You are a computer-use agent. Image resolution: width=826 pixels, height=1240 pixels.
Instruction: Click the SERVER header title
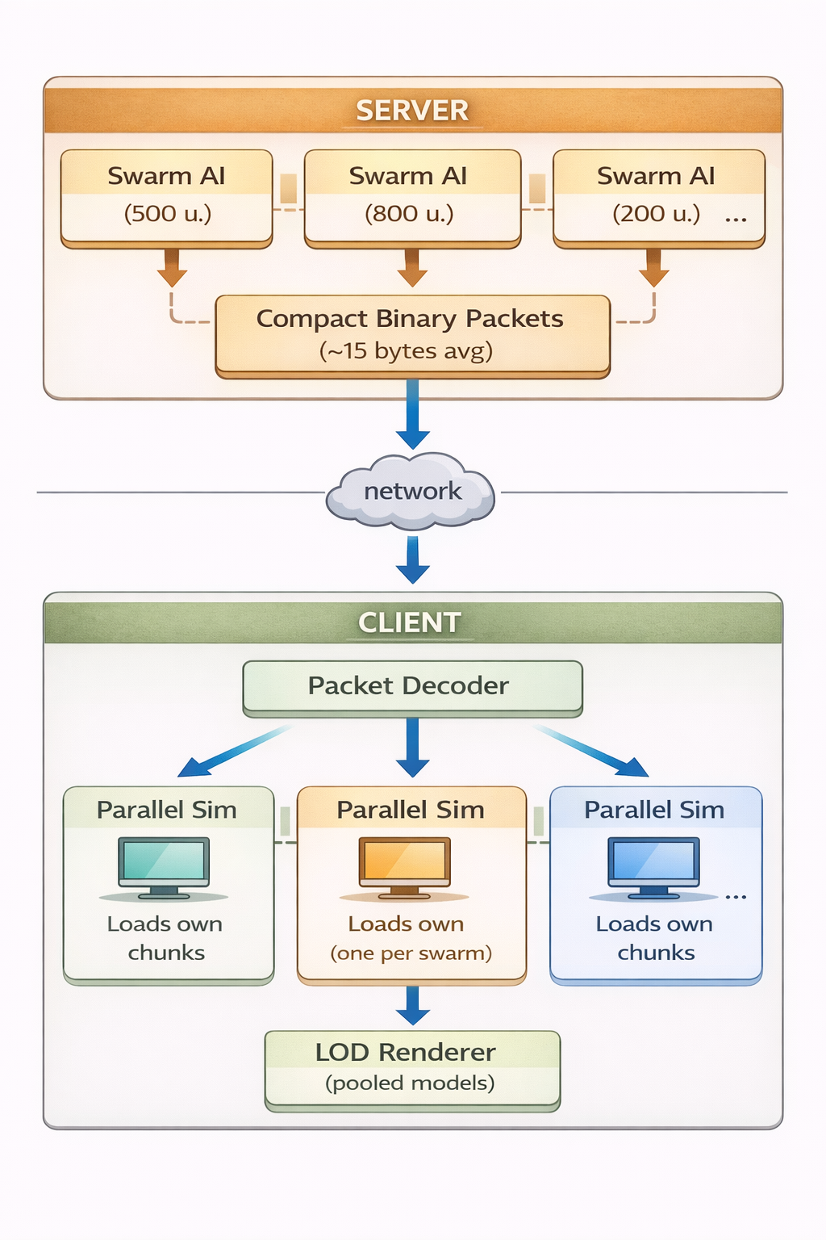pyautogui.click(x=412, y=111)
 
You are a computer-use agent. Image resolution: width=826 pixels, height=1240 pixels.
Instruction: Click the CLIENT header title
pyautogui.click(x=410, y=622)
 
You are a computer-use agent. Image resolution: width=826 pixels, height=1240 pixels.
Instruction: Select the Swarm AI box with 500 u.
pyautogui.click(x=167, y=196)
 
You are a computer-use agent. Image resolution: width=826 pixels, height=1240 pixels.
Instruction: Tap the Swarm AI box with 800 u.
pyautogui.click(x=412, y=196)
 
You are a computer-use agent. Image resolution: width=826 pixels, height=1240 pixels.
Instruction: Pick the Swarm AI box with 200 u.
pyautogui.click(x=658, y=196)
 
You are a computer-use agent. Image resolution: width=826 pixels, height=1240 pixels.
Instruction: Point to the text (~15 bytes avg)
pyautogui.click(x=406, y=352)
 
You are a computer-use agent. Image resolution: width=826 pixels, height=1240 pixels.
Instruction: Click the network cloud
pyautogui.click(x=411, y=491)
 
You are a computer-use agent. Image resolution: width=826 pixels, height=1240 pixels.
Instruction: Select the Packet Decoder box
pyautogui.click(x=412, y=686)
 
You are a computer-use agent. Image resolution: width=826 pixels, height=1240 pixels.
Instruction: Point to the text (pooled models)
pyautogui.click(x=410, y=1083)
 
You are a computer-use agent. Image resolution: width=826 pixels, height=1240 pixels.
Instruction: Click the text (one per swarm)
pyautogui.click(x=411, y=953)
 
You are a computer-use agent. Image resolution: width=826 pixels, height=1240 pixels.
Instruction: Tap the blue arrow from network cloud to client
pyautogui.click(x=412, y=559)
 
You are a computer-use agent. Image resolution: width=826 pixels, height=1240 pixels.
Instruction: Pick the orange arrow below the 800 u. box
pyautogui.click(x=412, y=267)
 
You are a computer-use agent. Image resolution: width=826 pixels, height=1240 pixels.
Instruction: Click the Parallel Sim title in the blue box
pyautogui.click(x=654, y=810)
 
